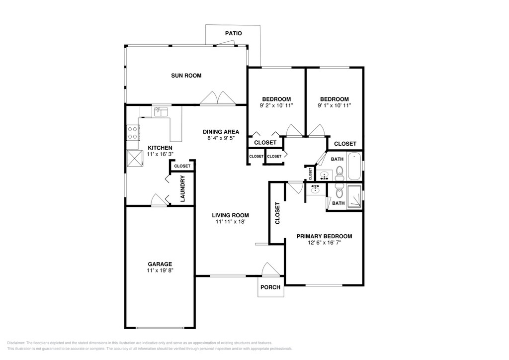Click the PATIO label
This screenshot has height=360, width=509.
tap(234, 33)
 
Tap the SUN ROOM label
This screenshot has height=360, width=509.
tap(186, 76)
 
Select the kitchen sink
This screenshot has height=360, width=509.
tap(161, 112)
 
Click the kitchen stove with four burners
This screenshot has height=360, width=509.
tap(132, 133)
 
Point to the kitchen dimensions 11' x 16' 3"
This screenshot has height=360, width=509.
tap(160, 154)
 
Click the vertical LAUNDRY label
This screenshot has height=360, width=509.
tap(182, 188)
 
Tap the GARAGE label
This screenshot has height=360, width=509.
tap(160, 264)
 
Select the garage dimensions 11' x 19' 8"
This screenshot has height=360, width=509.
tap(160, 270)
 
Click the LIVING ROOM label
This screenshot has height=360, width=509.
tap(231, 215)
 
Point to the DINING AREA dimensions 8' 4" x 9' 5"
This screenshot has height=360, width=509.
tap(221, 138)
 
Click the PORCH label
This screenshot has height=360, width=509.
tap(270, 287)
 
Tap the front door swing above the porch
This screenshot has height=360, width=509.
tap(268, 269)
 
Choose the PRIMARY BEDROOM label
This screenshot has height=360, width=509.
tap(324, 236)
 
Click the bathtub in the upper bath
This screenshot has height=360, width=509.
tap(354, 167)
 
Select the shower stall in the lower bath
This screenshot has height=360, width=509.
tap(354, 196)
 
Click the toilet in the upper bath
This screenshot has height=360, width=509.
tap(339, 173)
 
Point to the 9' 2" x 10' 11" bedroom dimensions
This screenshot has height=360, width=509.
tap(276, 105)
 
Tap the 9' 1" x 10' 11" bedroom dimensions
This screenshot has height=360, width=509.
tap(335, 105)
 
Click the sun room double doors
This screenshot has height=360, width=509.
tap(218, 98)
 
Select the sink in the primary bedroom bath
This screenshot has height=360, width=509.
tap(315, 189)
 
